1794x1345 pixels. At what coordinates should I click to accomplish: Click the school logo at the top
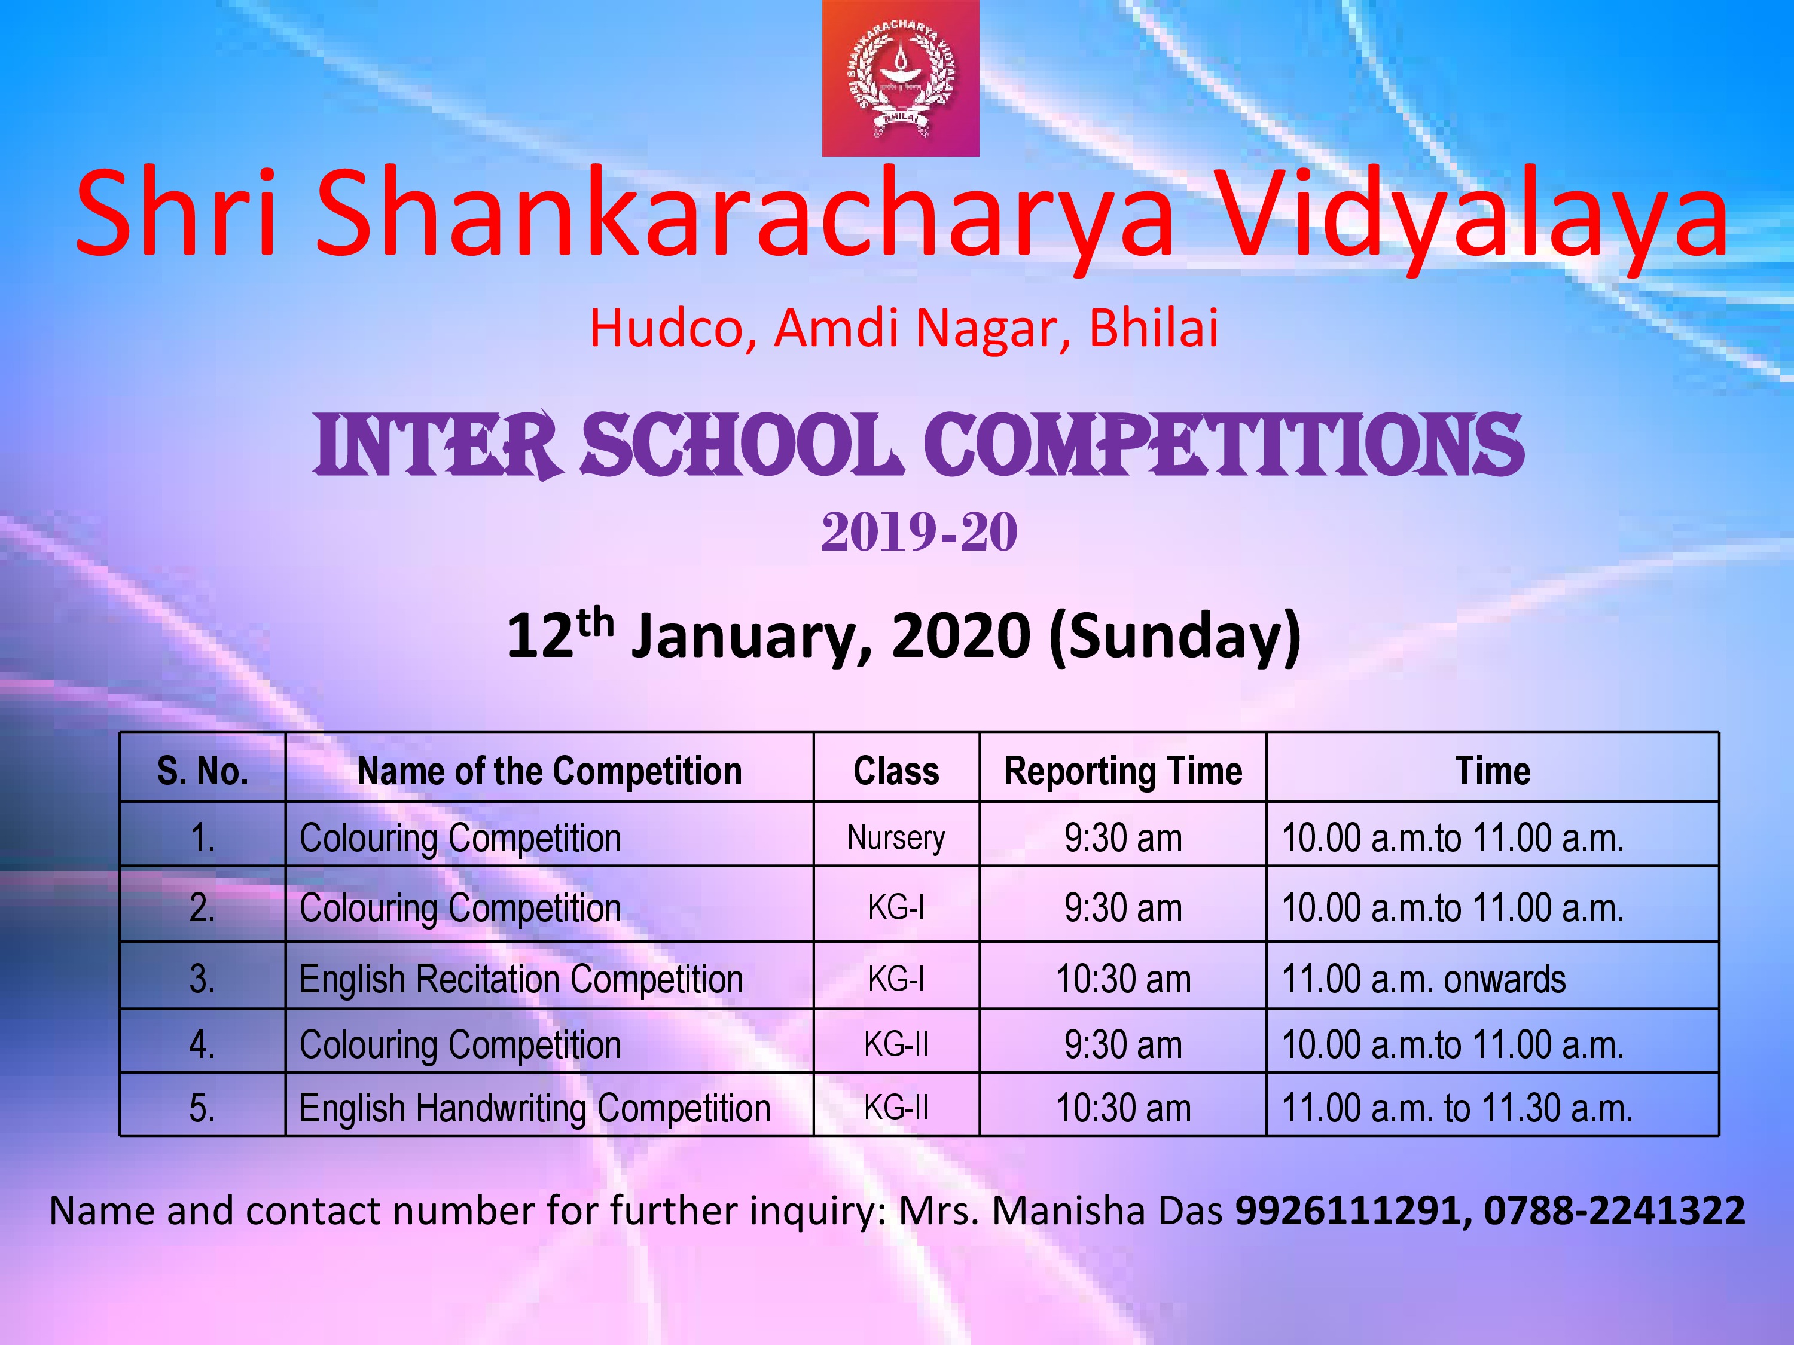900,78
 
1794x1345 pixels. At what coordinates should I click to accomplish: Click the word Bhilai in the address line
1154,328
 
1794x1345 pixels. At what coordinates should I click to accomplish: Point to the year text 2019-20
919,532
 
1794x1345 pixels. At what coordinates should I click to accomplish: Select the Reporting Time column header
1123,771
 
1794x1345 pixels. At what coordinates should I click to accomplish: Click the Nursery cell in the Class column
896,837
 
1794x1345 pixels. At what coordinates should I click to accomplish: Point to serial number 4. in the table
203,1044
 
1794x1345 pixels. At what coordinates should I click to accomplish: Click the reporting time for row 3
1123,979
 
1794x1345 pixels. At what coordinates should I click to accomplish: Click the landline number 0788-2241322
1614,1211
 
